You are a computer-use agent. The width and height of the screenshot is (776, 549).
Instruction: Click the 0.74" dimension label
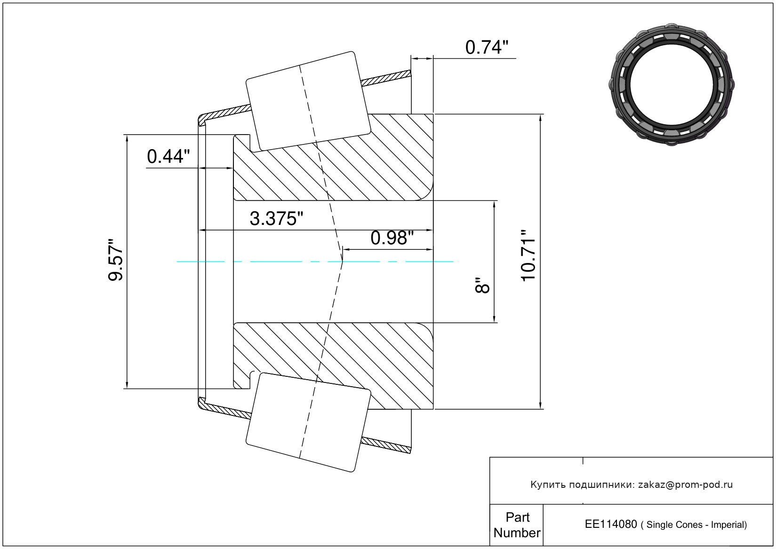[487, 48]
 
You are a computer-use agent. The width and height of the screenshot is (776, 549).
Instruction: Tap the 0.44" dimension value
[168, 157]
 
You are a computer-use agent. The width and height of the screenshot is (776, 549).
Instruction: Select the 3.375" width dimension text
[276, 219]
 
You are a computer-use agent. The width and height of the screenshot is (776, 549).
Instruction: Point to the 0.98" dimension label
[392, 239]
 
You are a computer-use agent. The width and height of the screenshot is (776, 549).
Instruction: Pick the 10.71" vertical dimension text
[528, 255]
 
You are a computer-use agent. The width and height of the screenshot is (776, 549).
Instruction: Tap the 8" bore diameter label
[482, 285]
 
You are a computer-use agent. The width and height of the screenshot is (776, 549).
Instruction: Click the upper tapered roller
[308, 102]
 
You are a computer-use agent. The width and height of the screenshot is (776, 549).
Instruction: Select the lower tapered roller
[308, 422]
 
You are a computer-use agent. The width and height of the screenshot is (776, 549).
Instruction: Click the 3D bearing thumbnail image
[672, 85]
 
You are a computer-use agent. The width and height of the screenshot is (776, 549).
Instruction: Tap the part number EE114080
[611, 524]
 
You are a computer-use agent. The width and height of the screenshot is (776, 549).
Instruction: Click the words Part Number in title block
[517, 525]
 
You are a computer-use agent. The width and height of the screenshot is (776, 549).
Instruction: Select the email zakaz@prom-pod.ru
[686, 485]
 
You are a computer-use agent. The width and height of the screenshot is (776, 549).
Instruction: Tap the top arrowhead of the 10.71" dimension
[540, 118]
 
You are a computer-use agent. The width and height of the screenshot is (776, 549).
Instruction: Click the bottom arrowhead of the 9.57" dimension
[127, 385]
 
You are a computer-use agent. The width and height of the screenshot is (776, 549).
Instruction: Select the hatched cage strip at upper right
[386, 78]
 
